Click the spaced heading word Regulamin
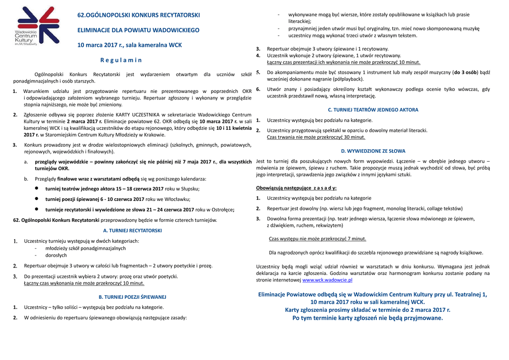tap(121, 60)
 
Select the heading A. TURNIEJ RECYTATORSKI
tap(132, 231)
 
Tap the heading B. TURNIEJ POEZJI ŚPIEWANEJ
tap(132, 297)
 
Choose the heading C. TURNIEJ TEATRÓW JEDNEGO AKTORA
tap(373, 110)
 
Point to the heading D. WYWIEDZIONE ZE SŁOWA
tap(373, 151)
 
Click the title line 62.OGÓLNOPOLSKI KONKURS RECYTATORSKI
tap(139, 15)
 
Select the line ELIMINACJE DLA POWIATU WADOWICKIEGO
tap(138, 30)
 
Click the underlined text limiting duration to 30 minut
tap(316, 137)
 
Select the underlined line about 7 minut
tap(317, 239)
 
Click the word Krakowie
tap(154, 135)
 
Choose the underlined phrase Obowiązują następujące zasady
tap(296, 188)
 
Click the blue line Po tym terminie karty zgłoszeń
tap(367, 318)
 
